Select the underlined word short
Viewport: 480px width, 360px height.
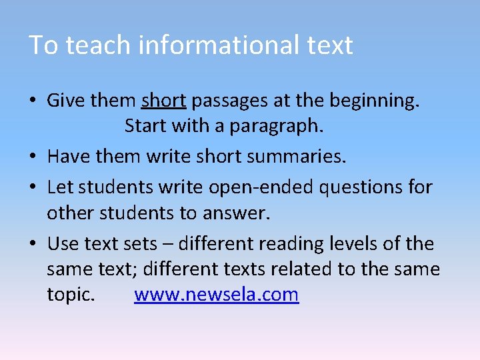click(x=163, y=101)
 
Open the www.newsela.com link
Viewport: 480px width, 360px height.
click(x=216, y=295)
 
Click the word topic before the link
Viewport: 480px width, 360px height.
click(x=70, y=295)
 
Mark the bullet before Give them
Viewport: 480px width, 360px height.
click(x=32, y=101)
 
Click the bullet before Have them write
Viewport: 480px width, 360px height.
click(x=32, y=157)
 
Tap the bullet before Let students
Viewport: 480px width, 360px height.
click(x=32, y=188)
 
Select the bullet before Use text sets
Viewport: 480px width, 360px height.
click(x=32, y=244)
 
